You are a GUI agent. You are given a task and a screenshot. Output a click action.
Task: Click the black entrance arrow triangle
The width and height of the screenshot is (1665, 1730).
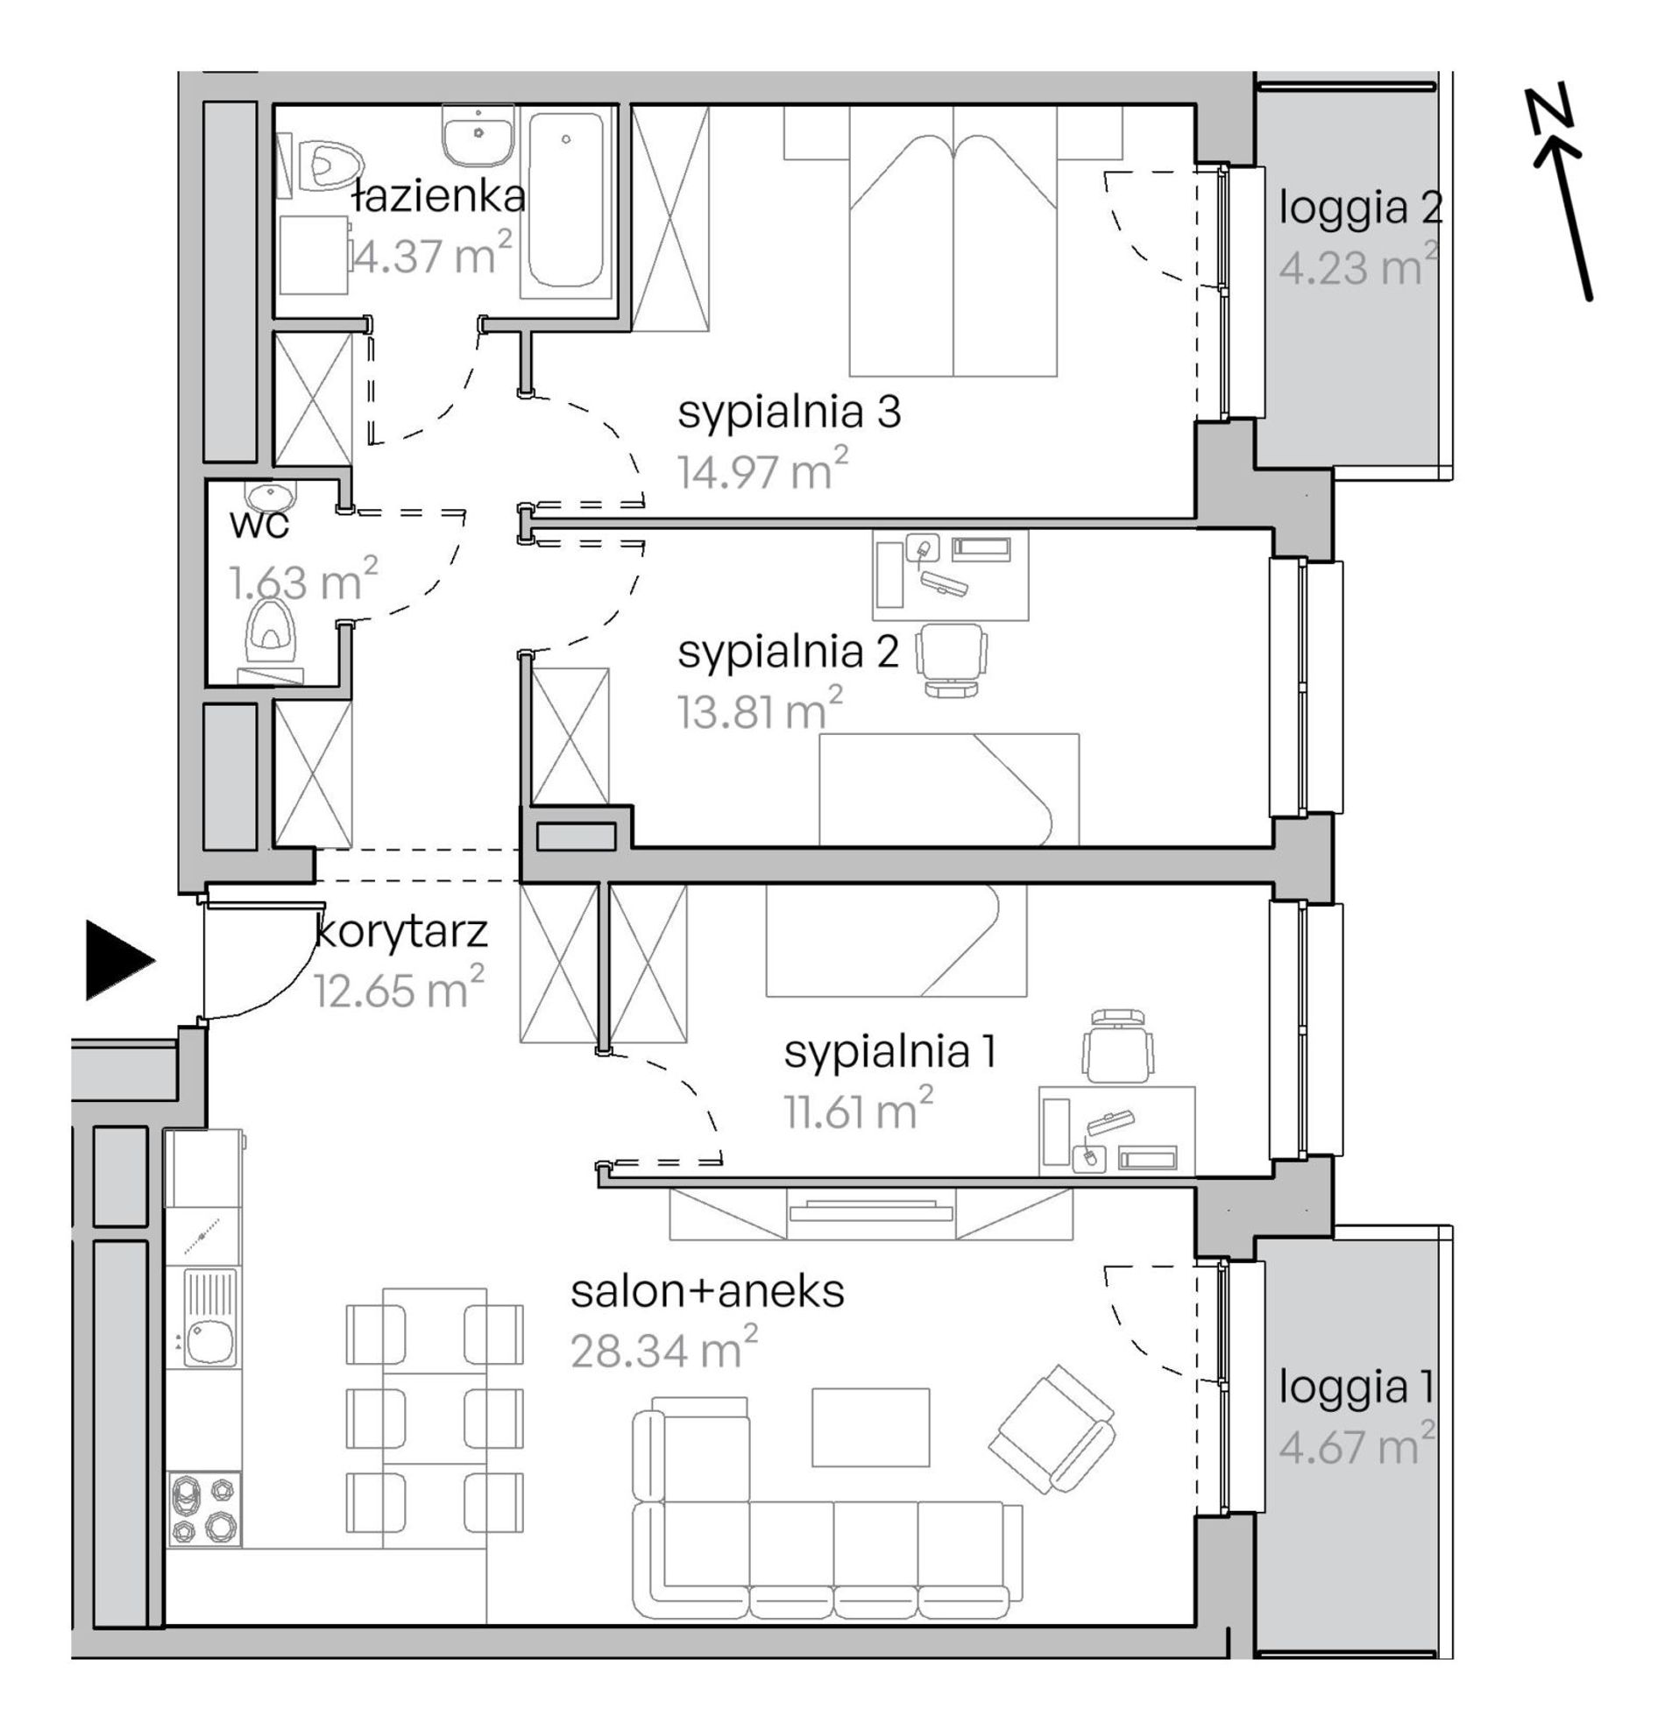click(117, 960)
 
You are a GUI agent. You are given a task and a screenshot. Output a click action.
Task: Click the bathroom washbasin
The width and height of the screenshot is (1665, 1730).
click(478, 135)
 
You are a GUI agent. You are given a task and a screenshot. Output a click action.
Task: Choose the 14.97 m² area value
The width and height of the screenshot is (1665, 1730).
click(762, 470)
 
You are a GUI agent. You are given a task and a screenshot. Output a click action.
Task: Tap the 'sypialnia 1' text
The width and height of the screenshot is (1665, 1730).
click(889, 1052)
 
